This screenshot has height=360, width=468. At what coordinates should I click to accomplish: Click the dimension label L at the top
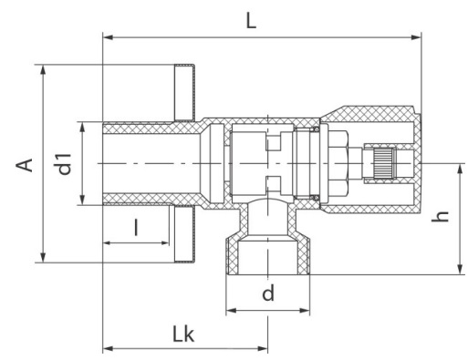click(x=251, y=21)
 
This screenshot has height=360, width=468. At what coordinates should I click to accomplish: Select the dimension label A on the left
click(x=25, y=165)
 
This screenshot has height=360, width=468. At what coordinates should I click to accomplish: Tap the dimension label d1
click(x=64, y=164)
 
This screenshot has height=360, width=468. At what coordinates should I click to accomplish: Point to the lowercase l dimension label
click(x=136, y=228)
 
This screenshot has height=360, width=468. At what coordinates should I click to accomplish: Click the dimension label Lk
click(x=183, y=334)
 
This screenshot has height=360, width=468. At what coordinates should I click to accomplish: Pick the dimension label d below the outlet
click(x=268, y=293)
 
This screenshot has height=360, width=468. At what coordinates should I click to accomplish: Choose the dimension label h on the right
click(x=440, y=216)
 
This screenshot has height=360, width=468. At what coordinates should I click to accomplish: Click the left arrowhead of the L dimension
click(x=109, y=37)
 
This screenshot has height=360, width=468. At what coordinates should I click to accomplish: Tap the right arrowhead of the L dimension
click(x=416, y=37)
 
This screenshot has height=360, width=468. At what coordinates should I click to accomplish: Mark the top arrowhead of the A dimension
click(x=43, y=69)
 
